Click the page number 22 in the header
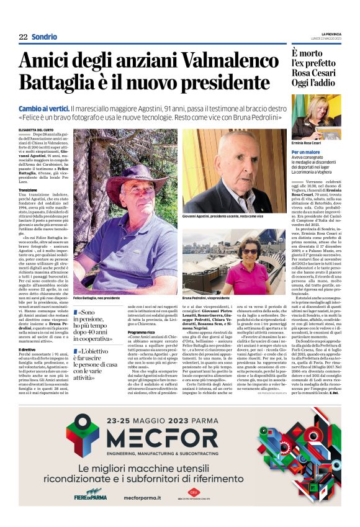(23, 37)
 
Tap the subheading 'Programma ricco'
(142, 332)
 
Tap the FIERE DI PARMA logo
(90, 497)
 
